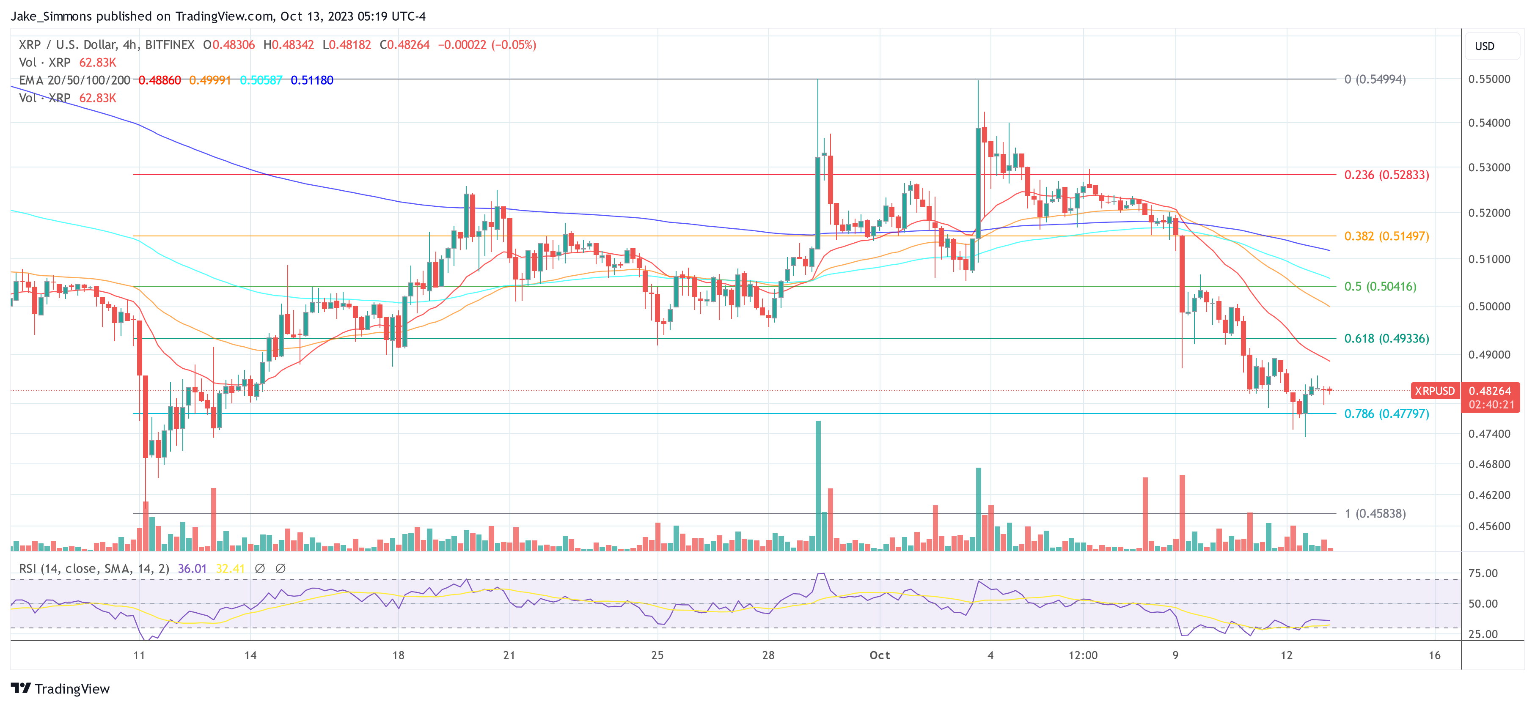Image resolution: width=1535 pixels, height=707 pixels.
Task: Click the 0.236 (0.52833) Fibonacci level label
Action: point(1386,175)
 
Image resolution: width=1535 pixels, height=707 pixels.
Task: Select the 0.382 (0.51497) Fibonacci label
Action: point(1386,236)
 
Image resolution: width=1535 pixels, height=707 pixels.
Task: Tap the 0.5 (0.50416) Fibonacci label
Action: point(1380,287)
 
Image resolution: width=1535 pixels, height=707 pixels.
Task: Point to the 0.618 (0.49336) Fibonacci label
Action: point(1386,338)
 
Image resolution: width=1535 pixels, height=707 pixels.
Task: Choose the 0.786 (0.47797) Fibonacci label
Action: point(1386,414)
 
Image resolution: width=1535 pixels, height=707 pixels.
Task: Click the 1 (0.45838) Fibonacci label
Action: point(1375,513)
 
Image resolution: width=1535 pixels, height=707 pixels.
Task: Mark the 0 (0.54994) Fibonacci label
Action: point(1375,79)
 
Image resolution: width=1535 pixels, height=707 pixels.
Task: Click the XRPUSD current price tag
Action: point(1434,391)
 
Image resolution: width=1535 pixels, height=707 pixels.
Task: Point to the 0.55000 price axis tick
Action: point(1489,79)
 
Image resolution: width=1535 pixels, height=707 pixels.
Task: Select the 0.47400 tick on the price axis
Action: point(1489,433)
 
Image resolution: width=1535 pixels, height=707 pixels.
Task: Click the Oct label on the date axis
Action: point(880,655)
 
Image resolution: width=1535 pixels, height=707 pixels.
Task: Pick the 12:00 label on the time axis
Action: point(1083,655)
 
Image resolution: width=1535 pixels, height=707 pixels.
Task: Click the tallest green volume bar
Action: point(818,485)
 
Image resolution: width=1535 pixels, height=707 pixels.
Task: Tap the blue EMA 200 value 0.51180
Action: point(312,80)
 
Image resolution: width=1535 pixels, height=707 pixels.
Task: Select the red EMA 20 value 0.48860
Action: point(160,80)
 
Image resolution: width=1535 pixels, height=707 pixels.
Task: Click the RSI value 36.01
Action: point(192,569)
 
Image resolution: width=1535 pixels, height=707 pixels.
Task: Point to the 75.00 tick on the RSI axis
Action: point(1483,573)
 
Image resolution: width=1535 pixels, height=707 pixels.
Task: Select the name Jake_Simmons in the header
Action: point(51,16)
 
